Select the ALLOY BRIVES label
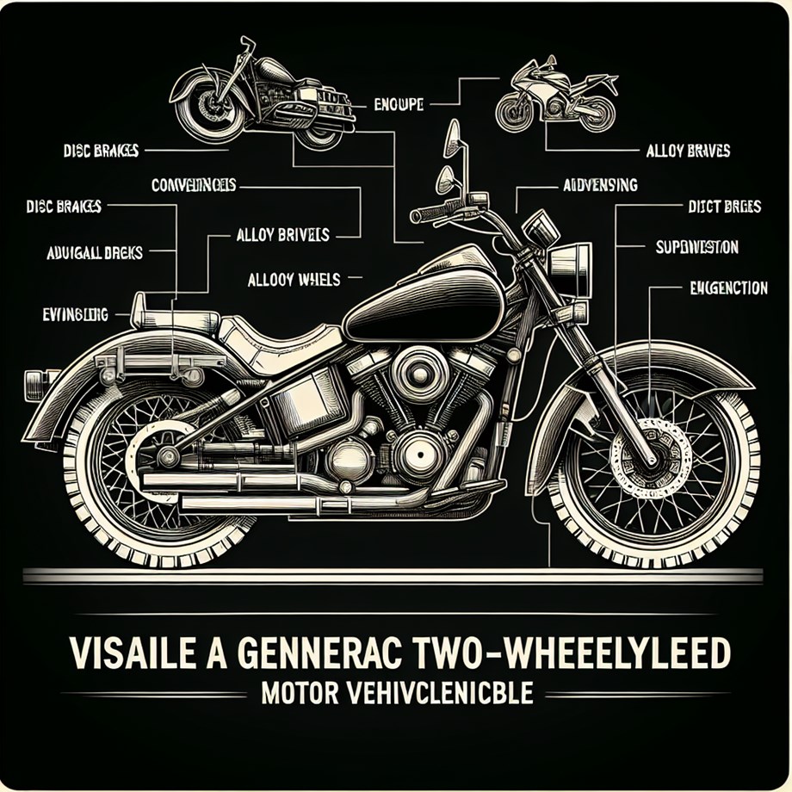click(x=687, y=151)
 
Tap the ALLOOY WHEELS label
click(x=294, y=280)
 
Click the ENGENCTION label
click(x=716, y=288)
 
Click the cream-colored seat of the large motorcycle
click(x=275, y=336)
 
